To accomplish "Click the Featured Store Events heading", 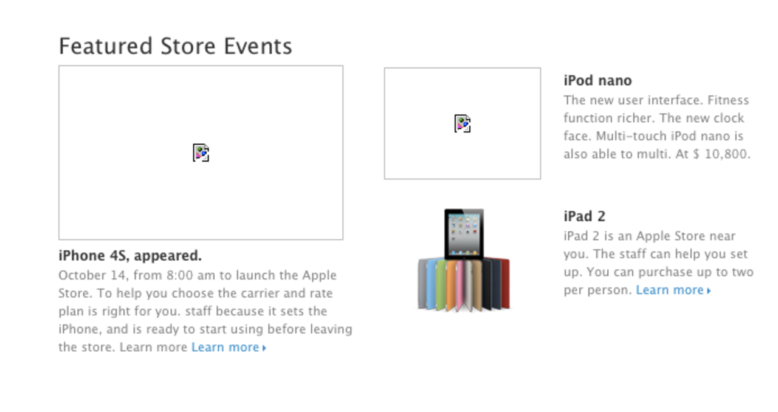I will coord(175,46).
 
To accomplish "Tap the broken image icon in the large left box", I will coord(201,153).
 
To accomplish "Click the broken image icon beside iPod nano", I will coord(462,123).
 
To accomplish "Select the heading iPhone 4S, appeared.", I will coord(130,256).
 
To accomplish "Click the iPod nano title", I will coord(597,81).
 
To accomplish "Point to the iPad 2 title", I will coord(584,216).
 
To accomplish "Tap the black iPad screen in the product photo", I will coord(464,234).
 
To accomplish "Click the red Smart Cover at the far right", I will coord(504,283).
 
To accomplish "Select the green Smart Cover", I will coord(441,284).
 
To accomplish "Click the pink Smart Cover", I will coord(460,284).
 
